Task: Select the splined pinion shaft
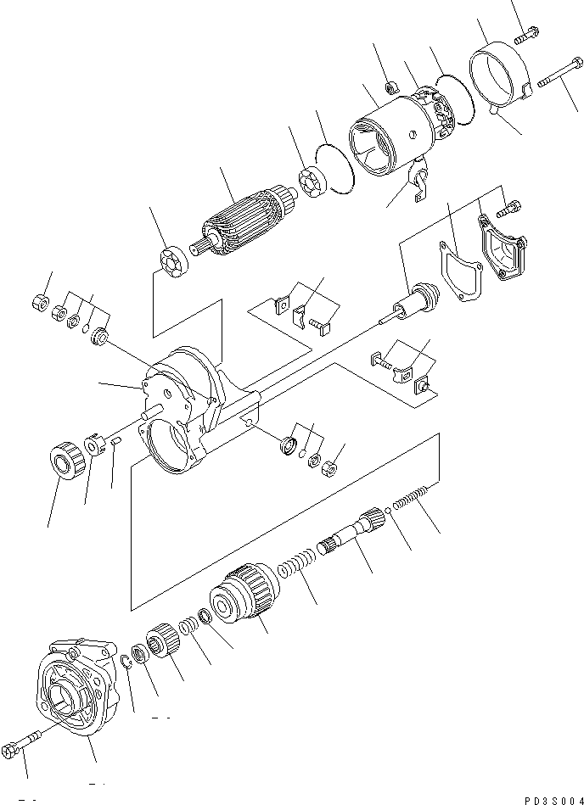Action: (x=352, y=534)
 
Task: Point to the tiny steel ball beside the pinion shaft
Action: (x=388, y=510)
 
